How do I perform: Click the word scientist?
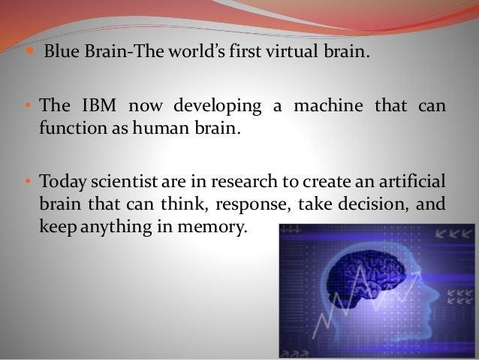coord(127,182)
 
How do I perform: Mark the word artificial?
coord(412,182)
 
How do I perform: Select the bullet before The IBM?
coord(27,107)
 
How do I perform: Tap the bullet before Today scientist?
coord(27,182)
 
